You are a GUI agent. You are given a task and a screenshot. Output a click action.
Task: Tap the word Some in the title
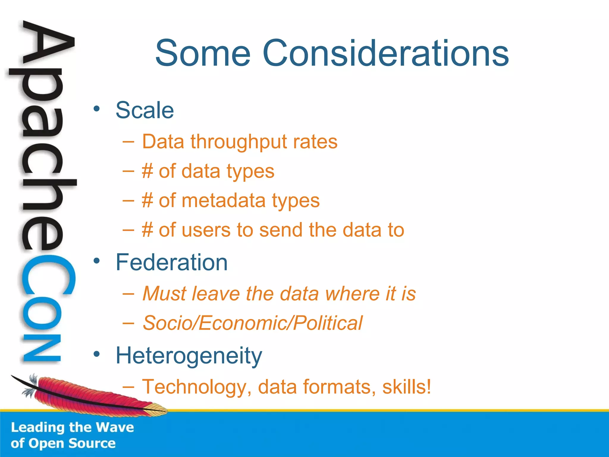(203, 54)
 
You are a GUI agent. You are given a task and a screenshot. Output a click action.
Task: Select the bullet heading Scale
(145, 110)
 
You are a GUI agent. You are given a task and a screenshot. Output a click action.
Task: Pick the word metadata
(223, 201)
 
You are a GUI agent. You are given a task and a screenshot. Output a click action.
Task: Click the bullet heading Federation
(172, 262)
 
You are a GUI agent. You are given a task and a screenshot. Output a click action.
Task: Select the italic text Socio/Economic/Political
(252, 323)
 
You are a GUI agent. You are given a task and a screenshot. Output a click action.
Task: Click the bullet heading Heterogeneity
(189, 356)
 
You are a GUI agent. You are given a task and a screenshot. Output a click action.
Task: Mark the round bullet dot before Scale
(96, 109)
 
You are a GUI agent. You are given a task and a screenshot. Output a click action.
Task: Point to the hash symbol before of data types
(147, 171)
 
